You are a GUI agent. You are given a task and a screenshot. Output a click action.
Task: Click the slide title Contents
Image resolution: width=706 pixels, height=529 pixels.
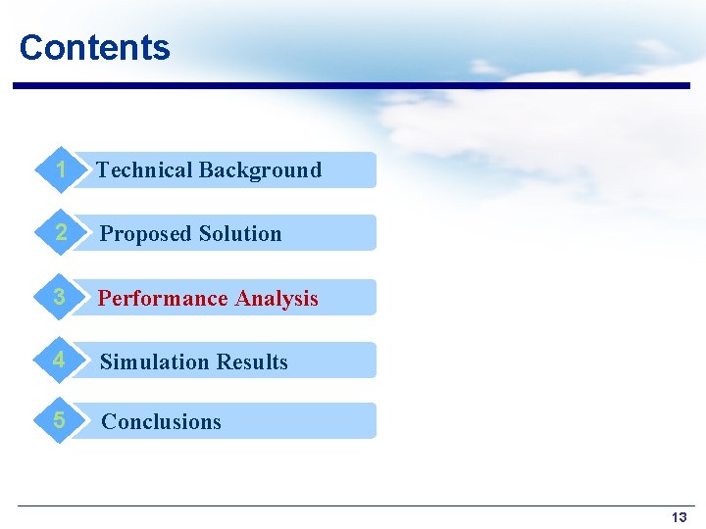[x=94, y=47]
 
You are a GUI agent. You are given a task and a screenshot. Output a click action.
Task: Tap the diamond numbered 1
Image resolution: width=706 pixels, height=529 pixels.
[x=61, y=169]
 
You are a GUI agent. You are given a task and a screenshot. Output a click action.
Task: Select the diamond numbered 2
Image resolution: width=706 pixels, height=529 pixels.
[x=61, y=233]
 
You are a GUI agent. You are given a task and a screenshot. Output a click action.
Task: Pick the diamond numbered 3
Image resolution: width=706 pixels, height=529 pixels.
[x=61, y=297]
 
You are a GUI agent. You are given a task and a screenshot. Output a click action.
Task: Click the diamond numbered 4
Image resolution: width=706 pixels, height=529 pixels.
[x=61, y=361]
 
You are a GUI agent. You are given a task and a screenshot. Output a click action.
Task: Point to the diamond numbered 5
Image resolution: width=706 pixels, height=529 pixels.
[x=61, y=421]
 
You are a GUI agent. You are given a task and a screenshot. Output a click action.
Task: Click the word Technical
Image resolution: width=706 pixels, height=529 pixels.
[x=144, y=170]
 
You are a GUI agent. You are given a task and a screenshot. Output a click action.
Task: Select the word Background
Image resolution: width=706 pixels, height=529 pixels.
[x=260, y=170]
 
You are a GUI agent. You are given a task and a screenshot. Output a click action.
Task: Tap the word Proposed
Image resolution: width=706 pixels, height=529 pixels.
[x=146, y=234]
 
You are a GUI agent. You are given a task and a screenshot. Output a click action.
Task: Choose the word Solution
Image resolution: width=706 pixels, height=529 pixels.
[x=240, y=234]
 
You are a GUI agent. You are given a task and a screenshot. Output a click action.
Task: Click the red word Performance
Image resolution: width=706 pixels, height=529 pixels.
[x=164, y=299]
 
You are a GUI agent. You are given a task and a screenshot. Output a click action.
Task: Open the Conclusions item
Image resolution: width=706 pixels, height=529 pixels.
[x=162, y=422]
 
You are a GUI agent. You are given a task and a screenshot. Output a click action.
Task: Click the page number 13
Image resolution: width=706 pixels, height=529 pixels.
[x=679, y=517]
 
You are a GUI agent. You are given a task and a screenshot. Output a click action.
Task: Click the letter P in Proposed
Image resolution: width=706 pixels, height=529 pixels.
[x=107, y=234]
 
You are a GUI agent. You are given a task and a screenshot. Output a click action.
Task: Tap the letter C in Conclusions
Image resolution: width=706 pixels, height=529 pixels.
[x=109, y=422]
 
